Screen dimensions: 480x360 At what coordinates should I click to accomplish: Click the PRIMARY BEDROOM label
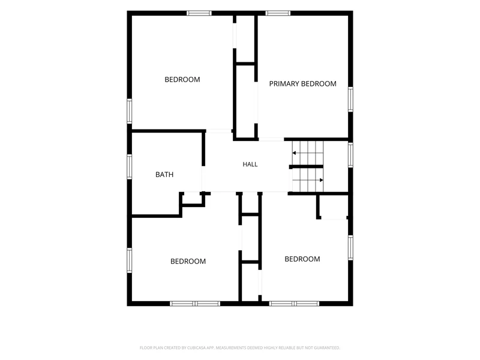[302, 83]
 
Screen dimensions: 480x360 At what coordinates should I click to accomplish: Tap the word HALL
[250, 164]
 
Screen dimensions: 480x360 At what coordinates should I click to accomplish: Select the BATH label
[164, 175]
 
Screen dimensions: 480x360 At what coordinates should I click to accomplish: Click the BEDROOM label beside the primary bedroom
[182, 80]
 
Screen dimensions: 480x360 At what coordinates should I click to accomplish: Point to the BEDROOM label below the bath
[188, 262]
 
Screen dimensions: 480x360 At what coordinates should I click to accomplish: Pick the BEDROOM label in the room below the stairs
[302, 259]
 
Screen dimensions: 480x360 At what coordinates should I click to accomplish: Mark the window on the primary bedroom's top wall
[278, 13]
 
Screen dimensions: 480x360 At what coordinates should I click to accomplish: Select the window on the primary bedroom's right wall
[350, 99]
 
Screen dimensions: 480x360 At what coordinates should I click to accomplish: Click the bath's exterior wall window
[130, 167]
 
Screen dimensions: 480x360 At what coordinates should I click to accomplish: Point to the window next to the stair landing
[350, 155]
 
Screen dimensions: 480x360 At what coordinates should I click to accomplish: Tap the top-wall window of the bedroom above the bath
[199, 13]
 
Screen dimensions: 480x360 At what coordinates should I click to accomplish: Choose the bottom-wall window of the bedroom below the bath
[195, 304]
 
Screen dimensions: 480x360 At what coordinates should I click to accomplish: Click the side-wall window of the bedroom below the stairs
[350, 248]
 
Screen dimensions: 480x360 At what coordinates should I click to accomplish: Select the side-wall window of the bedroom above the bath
[130, 111]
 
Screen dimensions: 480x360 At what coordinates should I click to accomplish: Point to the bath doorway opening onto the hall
[202, 179]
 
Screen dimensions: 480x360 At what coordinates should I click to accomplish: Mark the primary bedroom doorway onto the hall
[271, 139]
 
